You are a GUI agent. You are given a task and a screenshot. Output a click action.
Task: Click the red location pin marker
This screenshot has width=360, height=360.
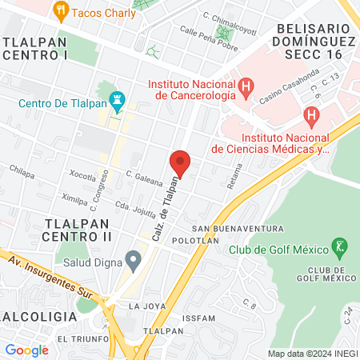[x=180, y=163]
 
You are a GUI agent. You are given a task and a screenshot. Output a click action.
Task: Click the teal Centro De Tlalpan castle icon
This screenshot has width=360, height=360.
[x=118, y=102]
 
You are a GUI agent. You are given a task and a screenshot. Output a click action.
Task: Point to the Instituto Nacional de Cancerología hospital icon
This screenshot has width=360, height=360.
[x=246, y=84]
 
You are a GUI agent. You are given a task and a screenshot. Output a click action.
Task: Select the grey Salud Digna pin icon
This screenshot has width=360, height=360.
[x=133, y=259]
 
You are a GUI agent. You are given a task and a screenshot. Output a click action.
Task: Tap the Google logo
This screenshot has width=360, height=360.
[x=26, y=350]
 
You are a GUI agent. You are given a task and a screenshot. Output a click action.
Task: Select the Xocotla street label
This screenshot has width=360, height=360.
[x=83, y=174]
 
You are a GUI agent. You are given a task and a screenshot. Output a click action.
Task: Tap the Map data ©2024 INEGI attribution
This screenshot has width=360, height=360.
[x=312, y=353]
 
